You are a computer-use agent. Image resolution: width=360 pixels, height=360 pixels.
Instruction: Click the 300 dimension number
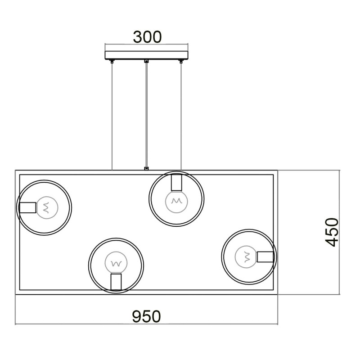147,37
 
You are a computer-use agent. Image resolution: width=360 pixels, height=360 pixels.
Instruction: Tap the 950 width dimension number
147,317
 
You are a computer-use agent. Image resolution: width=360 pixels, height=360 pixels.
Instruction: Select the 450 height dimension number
332,232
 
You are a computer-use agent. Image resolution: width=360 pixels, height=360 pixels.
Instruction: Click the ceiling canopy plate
147,55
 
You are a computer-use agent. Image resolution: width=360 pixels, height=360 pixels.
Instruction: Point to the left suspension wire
112,116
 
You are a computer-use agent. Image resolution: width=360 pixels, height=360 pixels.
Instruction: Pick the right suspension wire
181,116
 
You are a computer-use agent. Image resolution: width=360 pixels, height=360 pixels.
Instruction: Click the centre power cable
146,115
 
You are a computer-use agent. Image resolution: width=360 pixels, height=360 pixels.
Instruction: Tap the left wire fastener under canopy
112,61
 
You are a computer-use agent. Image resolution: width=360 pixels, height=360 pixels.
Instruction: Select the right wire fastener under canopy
181,61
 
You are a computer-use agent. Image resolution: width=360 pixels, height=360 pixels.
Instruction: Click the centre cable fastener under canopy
146,61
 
